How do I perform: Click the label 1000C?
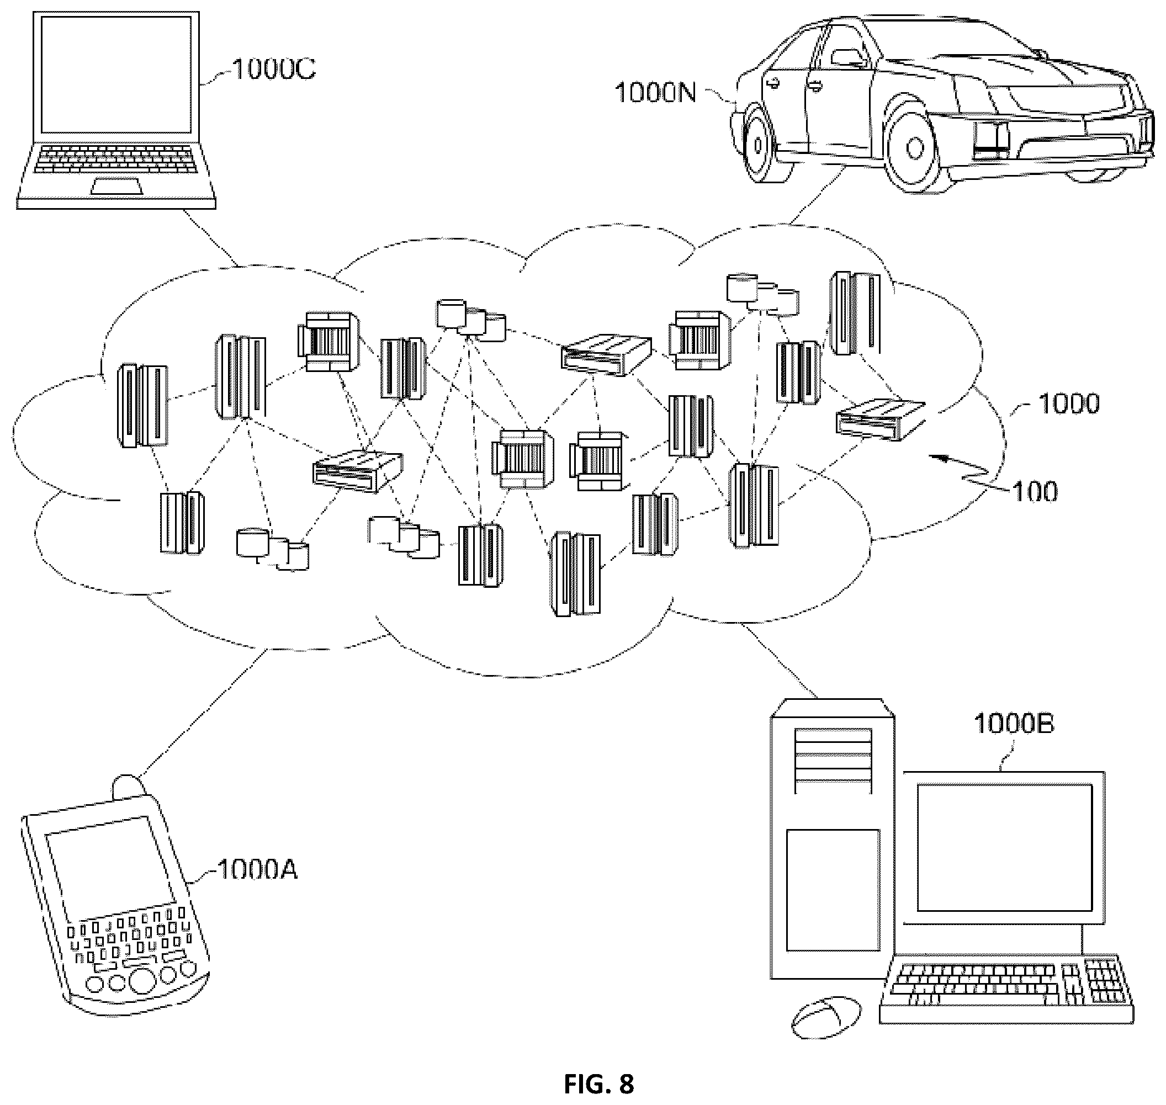click(x=274, y=69)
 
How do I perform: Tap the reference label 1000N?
click(x=656, y=93)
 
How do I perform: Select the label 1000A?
click(x=257, y=869)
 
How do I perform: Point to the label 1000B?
click(x=1014, y=723)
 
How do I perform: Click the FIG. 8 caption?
click(x=598, y=1084)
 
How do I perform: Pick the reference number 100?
click(x=1035, y=491)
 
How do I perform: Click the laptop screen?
click(x=115, y=75)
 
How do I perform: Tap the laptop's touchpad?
click(x=116, y=187)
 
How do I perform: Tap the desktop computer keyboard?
click(x=1006, y=989)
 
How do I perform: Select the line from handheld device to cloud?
click(x=203, y=713)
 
